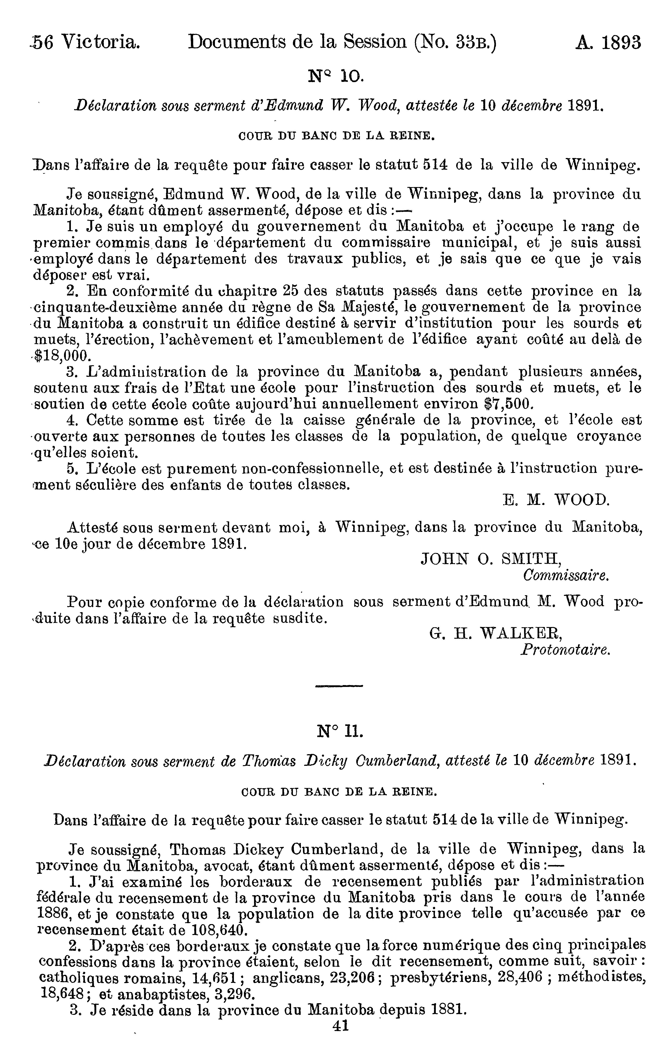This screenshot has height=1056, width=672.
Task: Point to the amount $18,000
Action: (63, 355)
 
